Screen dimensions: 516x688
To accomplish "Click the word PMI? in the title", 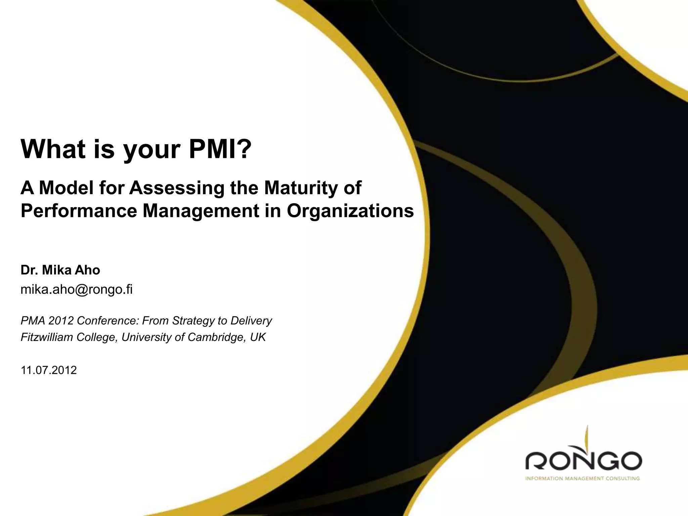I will pyautogui.click(x=220, y=149).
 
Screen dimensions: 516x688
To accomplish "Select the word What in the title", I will pyautogui.click(x=53, y=149).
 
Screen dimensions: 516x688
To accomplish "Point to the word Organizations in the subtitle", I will pyautogui.click(x=350, y=211).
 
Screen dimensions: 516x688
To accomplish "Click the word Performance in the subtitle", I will pyautogui.click(x=79, y=211).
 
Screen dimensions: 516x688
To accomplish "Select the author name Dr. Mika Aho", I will pyautogui.click(x=60, y=270).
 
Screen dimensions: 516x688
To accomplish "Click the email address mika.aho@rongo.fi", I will pyautogui.click(x=77, y=289).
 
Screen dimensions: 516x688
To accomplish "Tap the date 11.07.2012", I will pyautogui.click(x=49, y=370).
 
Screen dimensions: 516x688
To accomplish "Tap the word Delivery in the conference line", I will pyautogui.click(x=251, y=321).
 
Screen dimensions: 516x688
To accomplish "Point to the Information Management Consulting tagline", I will pyautogui.click(x=582, y=479).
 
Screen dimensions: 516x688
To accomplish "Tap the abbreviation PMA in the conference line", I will pyautogui.click(x=33, y=321).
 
